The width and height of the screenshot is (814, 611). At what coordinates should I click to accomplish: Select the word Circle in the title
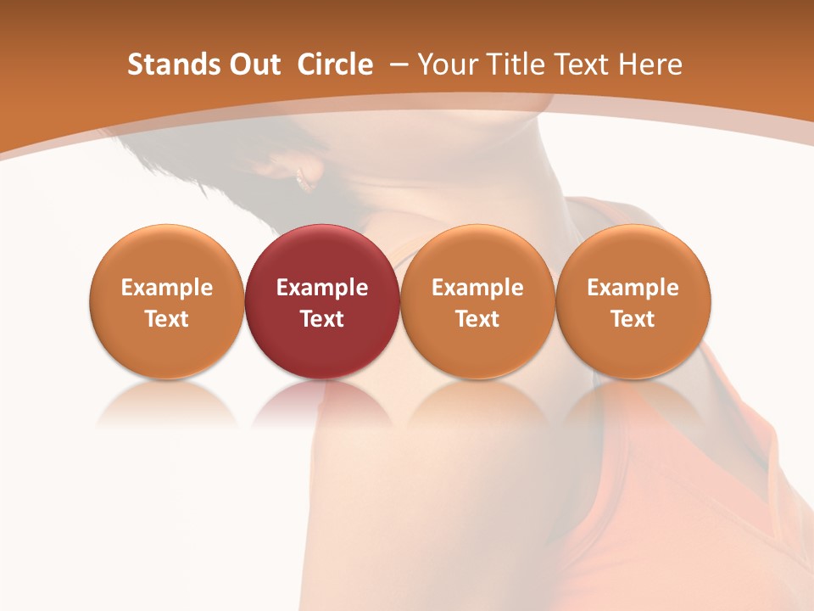pos(335,64)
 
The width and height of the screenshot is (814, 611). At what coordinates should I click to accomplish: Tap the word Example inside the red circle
pos(322,288)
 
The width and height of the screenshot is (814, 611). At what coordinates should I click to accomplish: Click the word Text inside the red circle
pos(322,319)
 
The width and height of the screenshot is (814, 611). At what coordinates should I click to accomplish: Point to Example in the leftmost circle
pos(167,288)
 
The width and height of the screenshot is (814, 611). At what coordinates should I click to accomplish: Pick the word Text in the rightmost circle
pos(633,319)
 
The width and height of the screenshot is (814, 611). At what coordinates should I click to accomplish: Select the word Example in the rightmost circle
pos(633,288)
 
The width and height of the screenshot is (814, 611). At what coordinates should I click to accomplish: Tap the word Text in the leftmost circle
pos(167,319)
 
